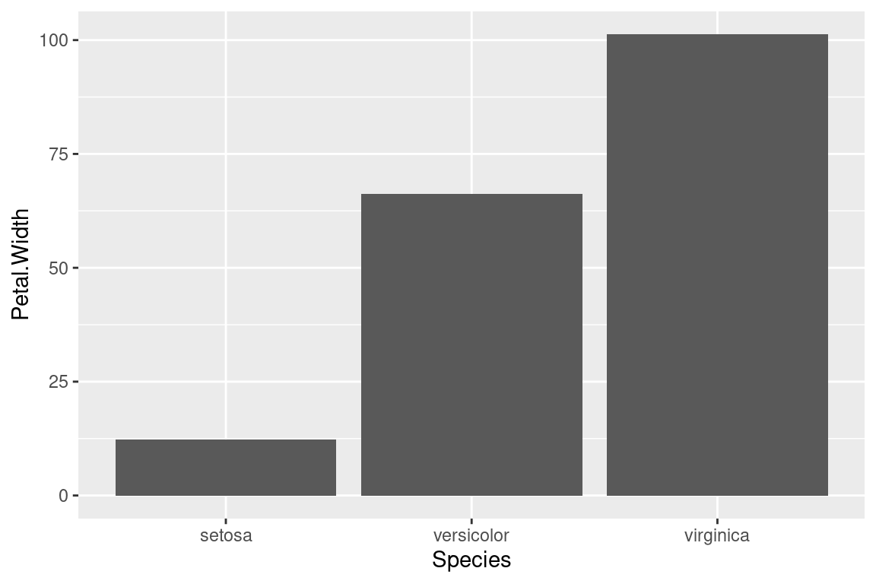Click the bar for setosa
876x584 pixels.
(226, 468)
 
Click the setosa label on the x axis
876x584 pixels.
(226, 535)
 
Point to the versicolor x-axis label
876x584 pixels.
(471, 535)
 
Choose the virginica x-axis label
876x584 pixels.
(717, 535)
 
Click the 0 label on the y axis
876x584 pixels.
(64, 496)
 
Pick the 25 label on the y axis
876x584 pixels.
(59, 382)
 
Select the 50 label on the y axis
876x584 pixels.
(59, 268)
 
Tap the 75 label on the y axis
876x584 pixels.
(59, 154)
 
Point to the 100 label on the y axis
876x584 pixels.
(55, 40)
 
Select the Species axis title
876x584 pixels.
(471, 560)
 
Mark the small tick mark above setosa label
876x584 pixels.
(226, 522)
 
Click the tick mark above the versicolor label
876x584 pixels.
(471, 522)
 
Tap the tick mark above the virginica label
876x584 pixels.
(717, 522)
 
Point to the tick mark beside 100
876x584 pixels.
(75, 40)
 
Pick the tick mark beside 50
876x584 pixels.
(75, 268)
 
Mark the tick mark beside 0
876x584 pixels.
(75, 496)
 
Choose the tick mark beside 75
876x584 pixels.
(75, 154)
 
